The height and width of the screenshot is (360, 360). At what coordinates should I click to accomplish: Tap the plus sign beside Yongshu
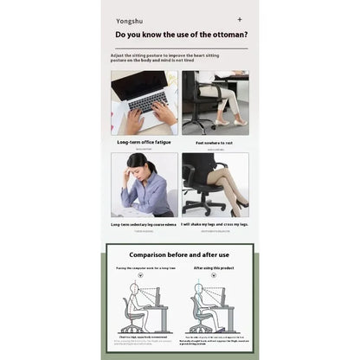[x=240, y=17]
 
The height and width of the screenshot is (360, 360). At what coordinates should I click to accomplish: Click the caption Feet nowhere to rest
[x=215, y=141]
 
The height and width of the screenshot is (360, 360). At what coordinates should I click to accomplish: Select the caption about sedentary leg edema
[x=144, y=225]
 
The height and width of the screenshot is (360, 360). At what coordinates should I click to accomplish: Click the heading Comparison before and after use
[x=179, y=255]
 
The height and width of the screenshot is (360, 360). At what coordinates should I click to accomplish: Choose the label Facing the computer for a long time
[x=145, y=268]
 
